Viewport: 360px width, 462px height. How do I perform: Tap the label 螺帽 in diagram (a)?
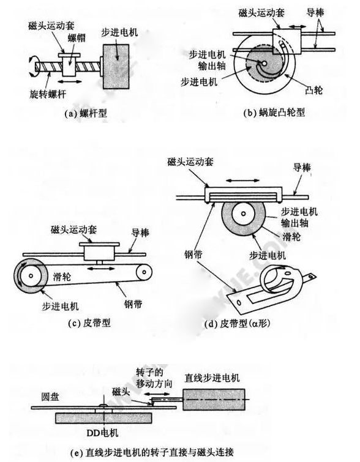(74, 38)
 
